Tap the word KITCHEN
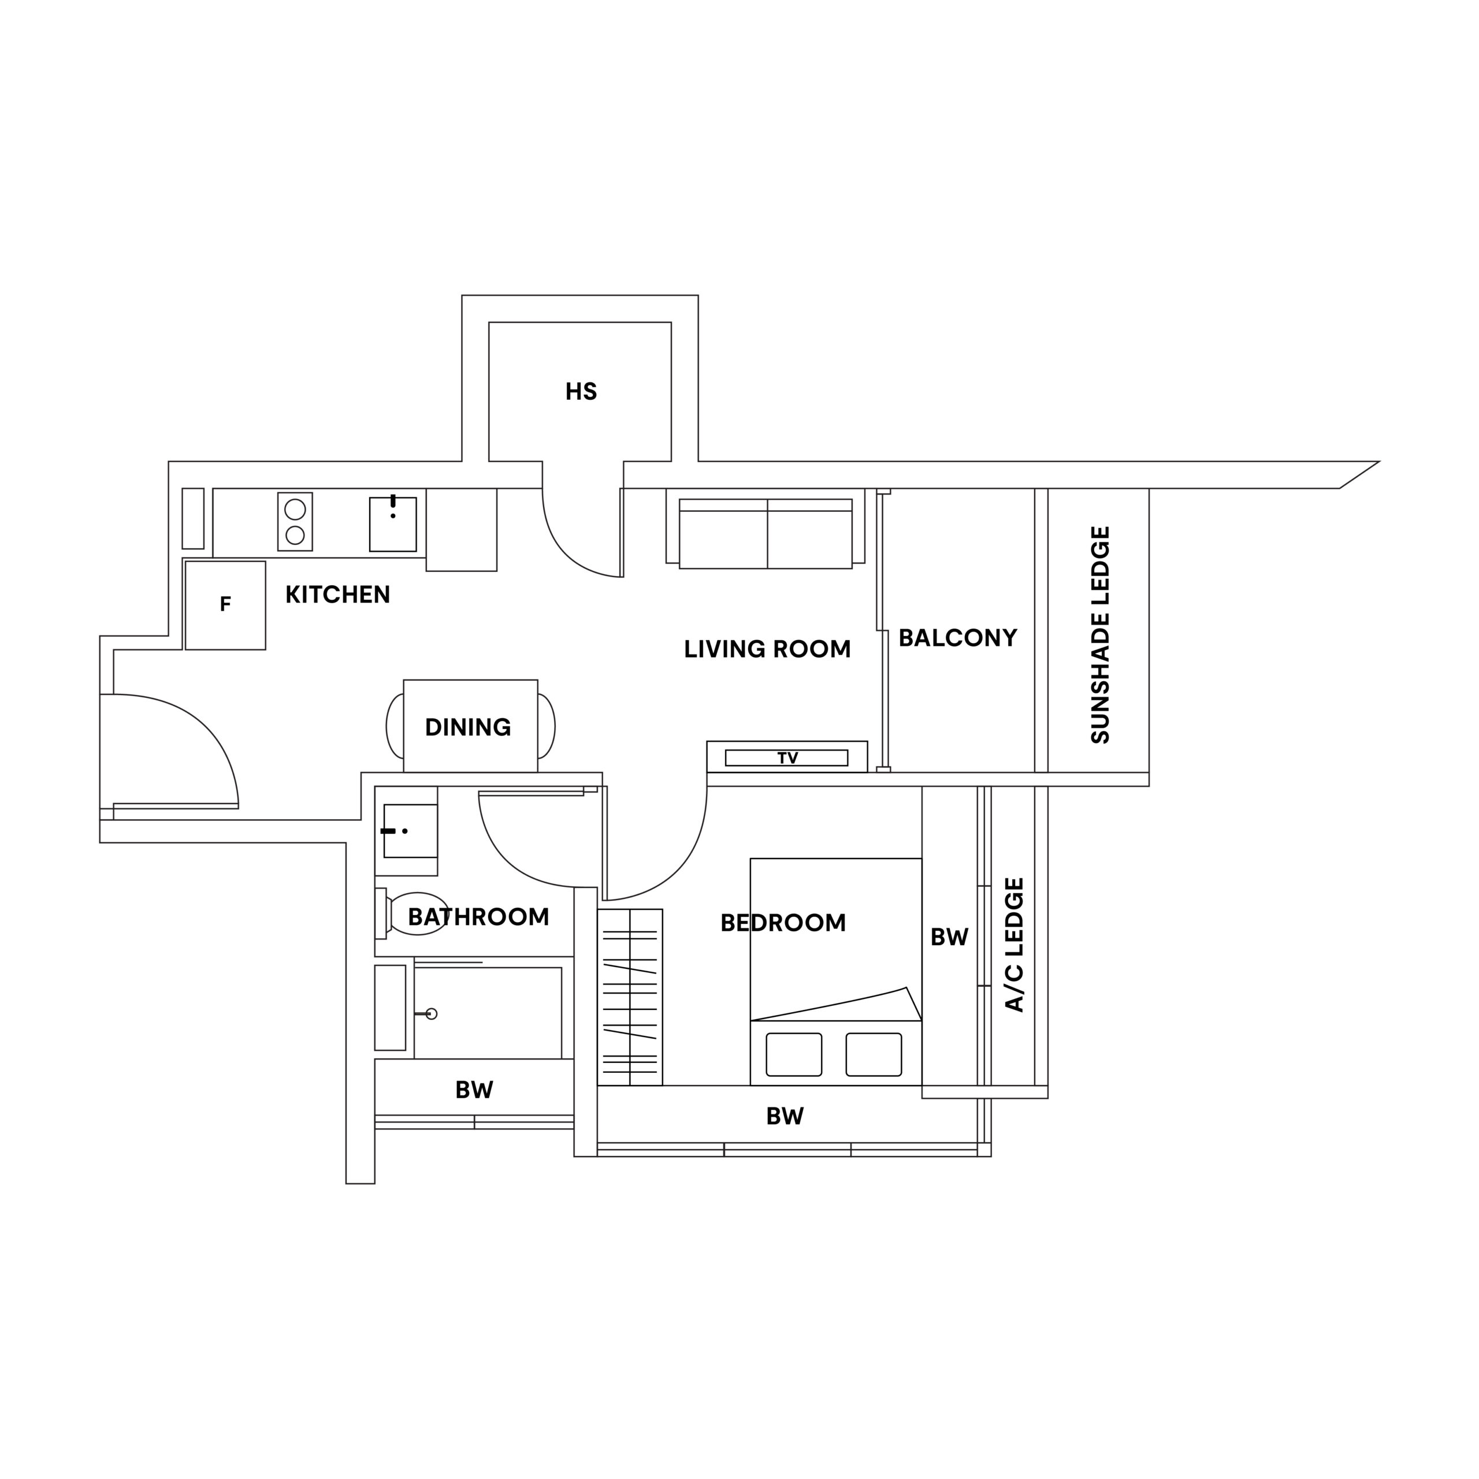(x=337, y=595)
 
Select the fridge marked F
(x=225, y=605)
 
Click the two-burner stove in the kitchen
(x=295, y=521)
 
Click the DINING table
(x=470, y=726)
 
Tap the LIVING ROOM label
(x=767, y=649)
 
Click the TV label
(x=787, y=758)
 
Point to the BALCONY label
(x=958, y=638)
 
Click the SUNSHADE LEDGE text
(x=1099, y=634)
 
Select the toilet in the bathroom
(x=412, y=913)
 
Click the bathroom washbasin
(x=410, y=831)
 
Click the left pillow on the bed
(x=794, y=1054)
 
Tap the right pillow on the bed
(x=874, y=1054)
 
